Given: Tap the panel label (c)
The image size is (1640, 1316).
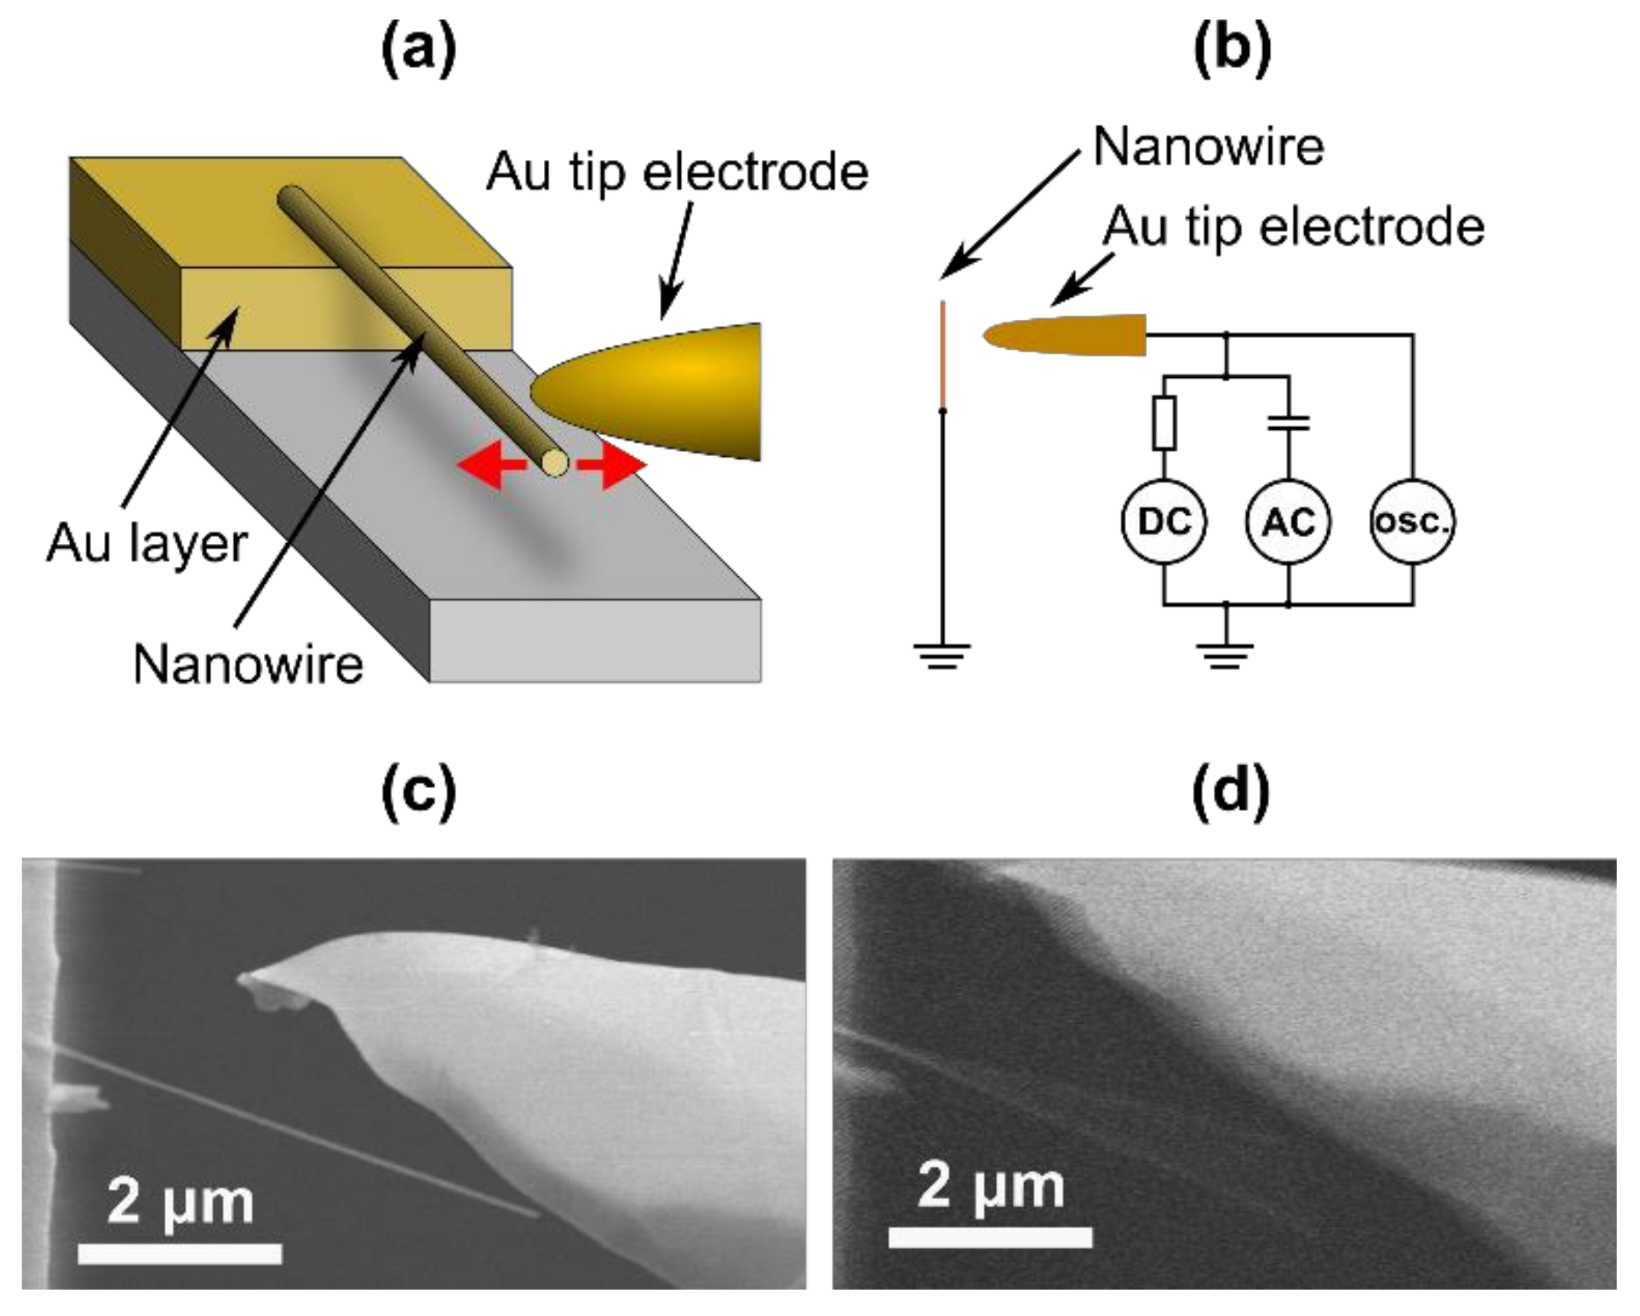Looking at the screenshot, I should (419, 793).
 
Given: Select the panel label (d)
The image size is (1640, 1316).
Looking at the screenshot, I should (1231, 793).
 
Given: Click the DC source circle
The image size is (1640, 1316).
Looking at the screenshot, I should (1163, 522).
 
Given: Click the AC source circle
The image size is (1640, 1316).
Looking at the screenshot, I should (1288, 522).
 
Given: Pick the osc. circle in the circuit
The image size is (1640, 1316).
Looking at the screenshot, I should (1412, 522).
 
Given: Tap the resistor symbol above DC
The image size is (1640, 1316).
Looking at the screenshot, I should (1163, 422).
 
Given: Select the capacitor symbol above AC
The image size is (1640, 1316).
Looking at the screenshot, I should (1288, 422).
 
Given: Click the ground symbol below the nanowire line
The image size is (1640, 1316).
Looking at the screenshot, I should (942, 656).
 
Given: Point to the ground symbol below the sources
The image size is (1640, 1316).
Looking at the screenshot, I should (1225, 656).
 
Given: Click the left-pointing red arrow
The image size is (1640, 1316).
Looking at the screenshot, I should (490, 464).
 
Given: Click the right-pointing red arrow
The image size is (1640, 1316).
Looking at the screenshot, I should (613, 464).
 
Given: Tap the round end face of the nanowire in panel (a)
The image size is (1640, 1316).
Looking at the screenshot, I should (555, 463).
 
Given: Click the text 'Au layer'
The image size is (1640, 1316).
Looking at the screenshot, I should (147, 545).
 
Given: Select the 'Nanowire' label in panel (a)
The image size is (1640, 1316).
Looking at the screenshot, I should (248, 664).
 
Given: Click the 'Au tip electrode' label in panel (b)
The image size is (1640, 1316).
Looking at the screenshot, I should (1293, 227).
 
